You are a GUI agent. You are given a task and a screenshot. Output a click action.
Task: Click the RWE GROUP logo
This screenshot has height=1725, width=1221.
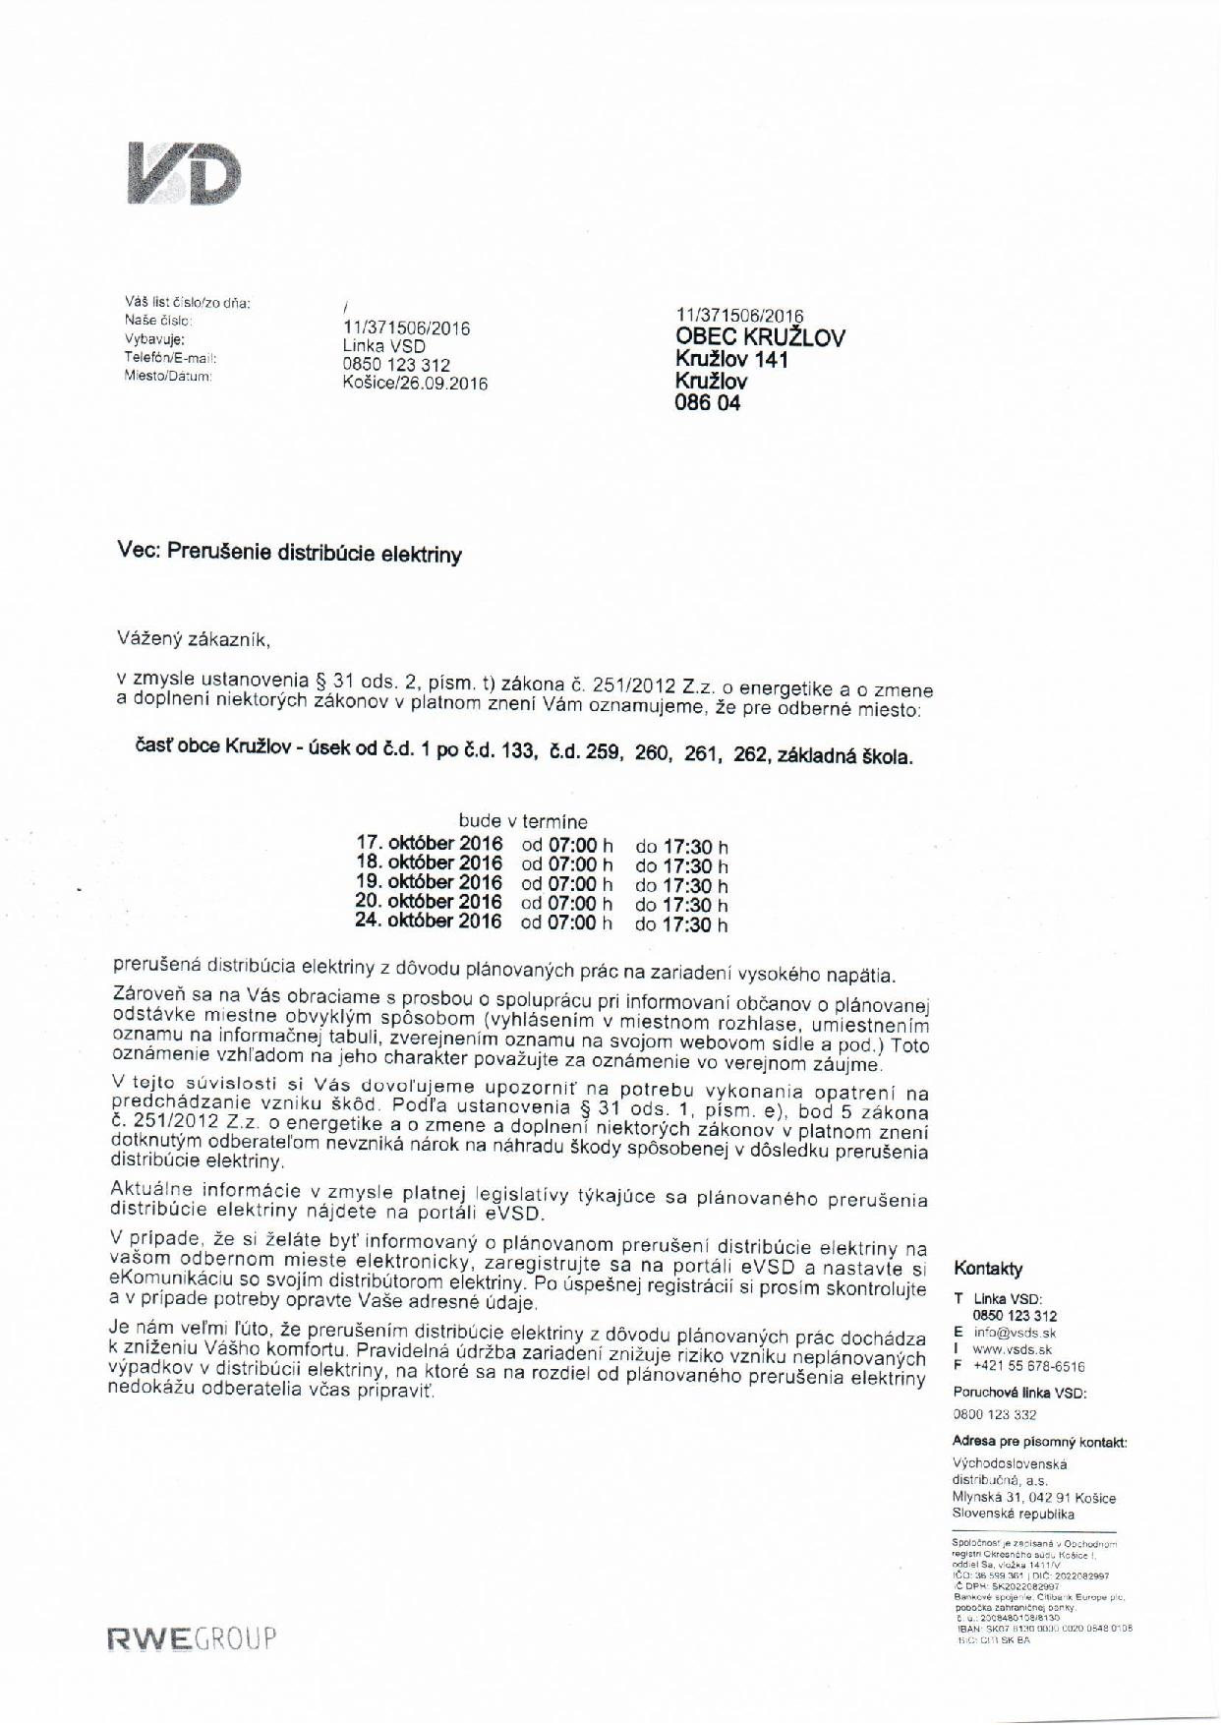193,1638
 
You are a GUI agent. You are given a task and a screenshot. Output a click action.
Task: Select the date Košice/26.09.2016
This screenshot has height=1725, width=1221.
414,384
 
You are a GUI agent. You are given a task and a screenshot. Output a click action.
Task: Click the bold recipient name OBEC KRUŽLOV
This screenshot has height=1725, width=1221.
760,337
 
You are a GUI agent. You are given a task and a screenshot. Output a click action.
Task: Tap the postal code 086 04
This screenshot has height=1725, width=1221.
707,402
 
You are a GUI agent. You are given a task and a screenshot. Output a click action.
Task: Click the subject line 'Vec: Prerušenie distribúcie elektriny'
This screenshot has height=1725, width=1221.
289,553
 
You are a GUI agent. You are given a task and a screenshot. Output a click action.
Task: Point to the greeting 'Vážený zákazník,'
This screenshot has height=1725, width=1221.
194,640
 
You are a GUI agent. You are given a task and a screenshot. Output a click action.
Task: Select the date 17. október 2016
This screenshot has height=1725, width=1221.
429,844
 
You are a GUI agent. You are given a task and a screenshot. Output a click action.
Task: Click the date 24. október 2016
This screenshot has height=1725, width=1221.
429,922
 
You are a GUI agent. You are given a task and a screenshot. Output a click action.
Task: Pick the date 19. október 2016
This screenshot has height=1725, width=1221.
429,882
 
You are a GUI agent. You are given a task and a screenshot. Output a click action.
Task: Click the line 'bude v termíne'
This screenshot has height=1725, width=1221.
523,821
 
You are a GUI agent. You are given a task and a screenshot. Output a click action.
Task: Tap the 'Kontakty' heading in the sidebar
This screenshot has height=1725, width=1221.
988,1269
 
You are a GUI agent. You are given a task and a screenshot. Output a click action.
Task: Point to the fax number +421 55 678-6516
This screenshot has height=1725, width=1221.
1028,1366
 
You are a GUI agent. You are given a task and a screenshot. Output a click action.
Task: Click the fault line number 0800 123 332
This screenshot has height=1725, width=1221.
994,1414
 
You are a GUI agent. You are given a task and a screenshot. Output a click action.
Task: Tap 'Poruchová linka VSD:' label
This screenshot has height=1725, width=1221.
1019,1393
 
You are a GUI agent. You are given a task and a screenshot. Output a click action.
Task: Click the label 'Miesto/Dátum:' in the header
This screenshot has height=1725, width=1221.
168,376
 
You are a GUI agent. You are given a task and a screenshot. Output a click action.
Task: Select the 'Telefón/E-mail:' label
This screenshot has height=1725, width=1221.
170,358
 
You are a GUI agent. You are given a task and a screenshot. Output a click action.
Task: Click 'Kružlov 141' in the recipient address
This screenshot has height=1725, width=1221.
731,360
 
